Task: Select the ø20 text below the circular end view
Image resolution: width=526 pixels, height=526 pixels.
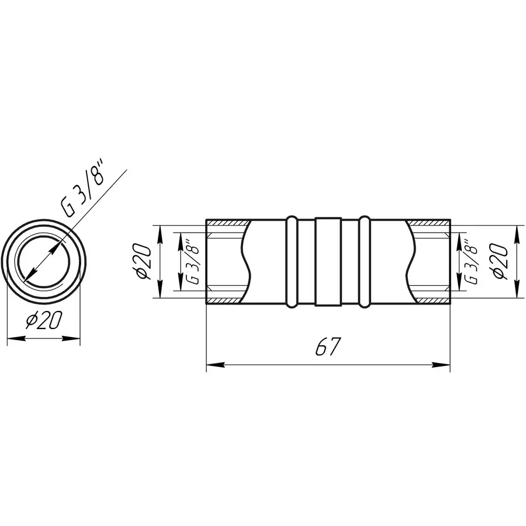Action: coord(44,321)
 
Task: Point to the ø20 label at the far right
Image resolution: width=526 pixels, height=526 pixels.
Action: coord(501,261)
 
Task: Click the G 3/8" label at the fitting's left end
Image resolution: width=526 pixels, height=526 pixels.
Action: coord(192,261)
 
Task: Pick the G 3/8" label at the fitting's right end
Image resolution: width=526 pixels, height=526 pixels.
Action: coord(472,261)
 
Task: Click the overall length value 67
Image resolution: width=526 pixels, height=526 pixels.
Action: coord(328,348)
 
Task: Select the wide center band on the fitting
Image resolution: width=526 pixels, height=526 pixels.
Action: coord(328,261)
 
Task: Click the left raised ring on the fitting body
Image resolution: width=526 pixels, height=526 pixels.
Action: coord(291,261)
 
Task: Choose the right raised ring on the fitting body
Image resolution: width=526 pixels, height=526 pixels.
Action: coord(365,261)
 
